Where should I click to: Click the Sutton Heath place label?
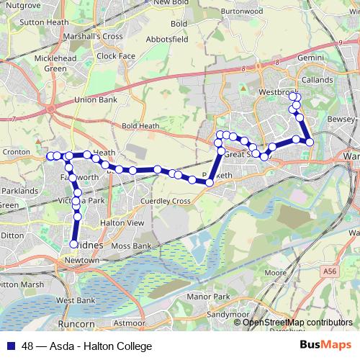[45, 22]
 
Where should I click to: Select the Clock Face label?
[116, 55]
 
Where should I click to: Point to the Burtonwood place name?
[242, 12]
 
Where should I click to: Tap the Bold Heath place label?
[140, 126]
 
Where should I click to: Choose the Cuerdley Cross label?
[166, 201]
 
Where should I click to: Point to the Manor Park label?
[207, 297]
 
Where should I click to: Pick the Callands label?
[318, 80]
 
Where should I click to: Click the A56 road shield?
[330, 271]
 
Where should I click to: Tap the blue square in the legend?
[10, 346]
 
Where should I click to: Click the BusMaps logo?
[325, 346]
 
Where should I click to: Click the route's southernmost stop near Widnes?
[73, 244]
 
